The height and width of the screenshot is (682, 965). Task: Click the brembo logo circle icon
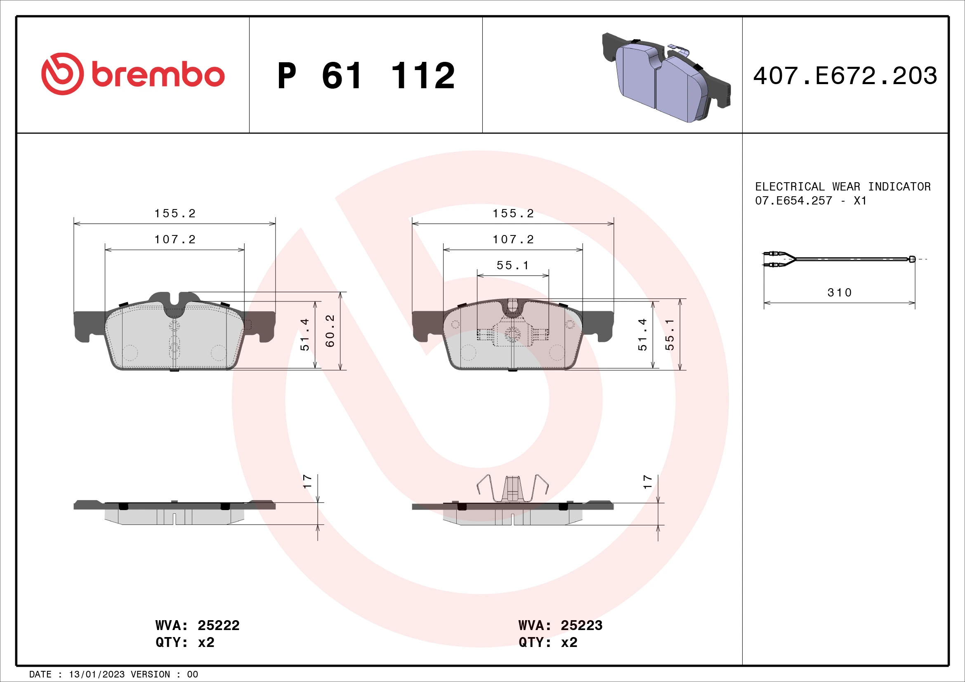pos(62,74)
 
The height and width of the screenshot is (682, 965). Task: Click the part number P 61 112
pos(366,76)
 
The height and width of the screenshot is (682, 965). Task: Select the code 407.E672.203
pos(845,76)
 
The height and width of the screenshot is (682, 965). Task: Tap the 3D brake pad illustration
pos(666,78)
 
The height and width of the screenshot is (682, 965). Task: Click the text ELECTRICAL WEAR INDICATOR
pos(842,186)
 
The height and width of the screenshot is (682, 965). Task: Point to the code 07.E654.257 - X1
pos(810,201)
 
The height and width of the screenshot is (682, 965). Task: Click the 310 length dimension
pos(839,293)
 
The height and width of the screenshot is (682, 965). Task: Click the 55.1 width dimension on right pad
pos(512,266)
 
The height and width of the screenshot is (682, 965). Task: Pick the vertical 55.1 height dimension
pos(670,335)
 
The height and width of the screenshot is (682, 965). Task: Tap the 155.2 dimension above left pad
pos(175,213)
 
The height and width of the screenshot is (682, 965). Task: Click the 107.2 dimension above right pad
pos(513,240)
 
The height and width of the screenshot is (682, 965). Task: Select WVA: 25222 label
pos(197,626)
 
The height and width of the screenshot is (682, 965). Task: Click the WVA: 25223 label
pos(560,626)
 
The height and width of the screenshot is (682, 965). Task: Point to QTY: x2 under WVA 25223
pos(547,642)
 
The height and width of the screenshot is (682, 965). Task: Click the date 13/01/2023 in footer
pos(97,675)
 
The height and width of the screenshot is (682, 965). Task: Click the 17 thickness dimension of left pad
pos(308,481)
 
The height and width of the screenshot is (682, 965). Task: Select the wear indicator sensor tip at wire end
pos(912,259)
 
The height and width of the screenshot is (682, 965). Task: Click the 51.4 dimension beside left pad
pos(305,335)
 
